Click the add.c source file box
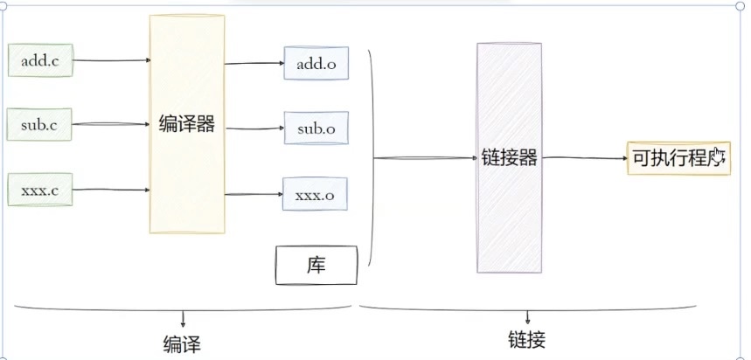[40, 60]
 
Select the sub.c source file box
[39, 125]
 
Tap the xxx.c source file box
[40, 190]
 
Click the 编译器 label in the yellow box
[187, 124]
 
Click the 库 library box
[316, 265]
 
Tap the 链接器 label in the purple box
[509, 158]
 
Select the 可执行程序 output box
[678, 158]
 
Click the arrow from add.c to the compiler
[111, 61]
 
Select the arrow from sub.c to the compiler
[111, 125]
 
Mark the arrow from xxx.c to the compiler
[111, 189]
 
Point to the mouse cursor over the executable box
[719, 157]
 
